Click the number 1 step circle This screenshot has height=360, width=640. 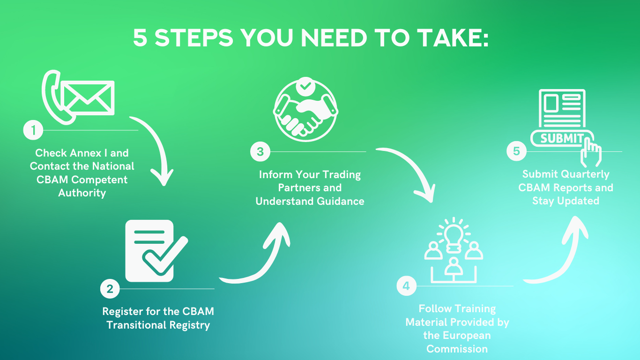point(33,130)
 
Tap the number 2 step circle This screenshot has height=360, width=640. point(110,289)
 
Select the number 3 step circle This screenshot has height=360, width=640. point(260,151)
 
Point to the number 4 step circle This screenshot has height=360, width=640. point(406,286)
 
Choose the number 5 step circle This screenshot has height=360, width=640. point(516,151)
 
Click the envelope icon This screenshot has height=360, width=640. point(89,97)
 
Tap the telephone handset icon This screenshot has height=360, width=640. point(55,96)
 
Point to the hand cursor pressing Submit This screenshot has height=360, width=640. point(591,151)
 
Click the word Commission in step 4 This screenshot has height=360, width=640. point(457,349)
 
